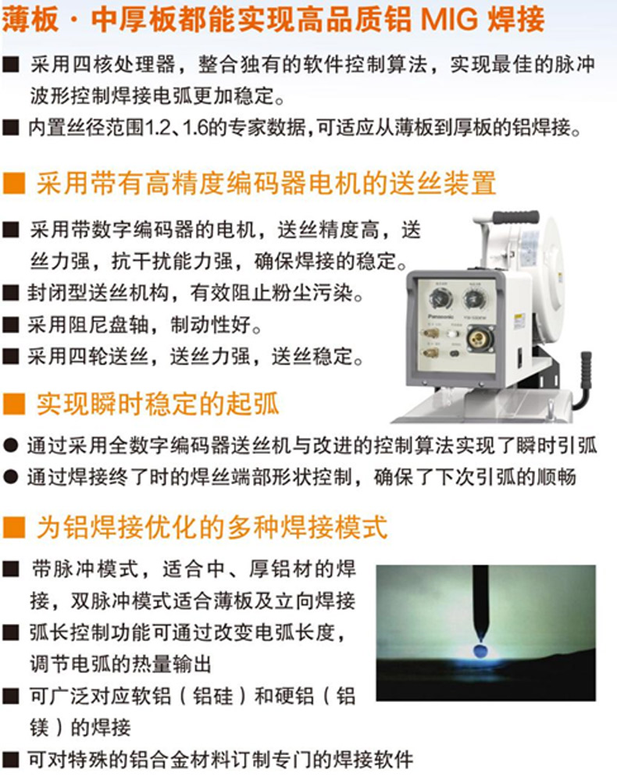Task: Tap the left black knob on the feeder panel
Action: point(441,299)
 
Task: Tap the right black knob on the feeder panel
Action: point(473,299)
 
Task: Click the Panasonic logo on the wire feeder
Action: point(440,316)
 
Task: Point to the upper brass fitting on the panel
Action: point(431,333)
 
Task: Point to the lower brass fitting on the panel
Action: point(431,353)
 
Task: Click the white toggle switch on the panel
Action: point(453,333)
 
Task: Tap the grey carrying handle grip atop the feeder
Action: point(515,218)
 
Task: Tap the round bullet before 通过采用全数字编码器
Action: point(10,446)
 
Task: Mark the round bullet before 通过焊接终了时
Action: point(10,477)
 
